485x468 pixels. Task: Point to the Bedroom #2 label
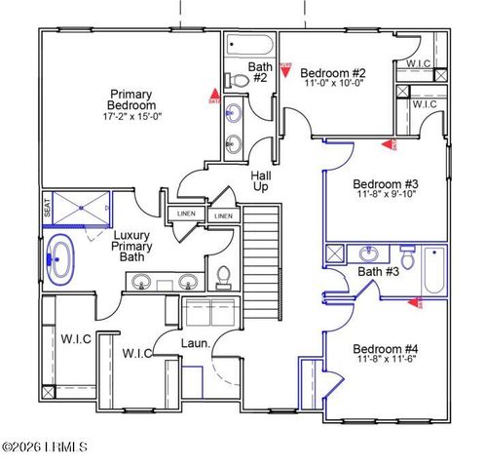pyautogui.click(x=332, y=73)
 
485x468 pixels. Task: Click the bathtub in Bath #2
pyautogui.click(x=248, y=45)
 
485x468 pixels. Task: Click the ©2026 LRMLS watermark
pyautogui.click(x=47, y=448)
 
